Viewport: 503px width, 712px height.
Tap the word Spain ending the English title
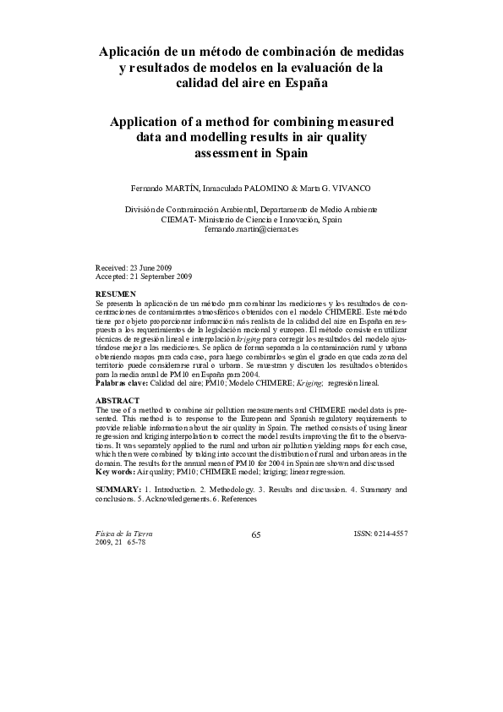[x=285, y=154]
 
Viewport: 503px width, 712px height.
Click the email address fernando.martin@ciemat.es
[x=251, y=229]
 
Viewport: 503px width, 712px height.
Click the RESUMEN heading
[x=116, y=293]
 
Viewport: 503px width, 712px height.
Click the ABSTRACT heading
[x=117, y=399]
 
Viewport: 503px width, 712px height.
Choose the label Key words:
[x=118, y=472]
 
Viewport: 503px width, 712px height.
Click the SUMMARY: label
[x=118, y=490]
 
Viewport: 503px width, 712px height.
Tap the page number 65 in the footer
[x=256, y=534]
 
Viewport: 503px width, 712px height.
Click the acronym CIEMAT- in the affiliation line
[x=179, y=219]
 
